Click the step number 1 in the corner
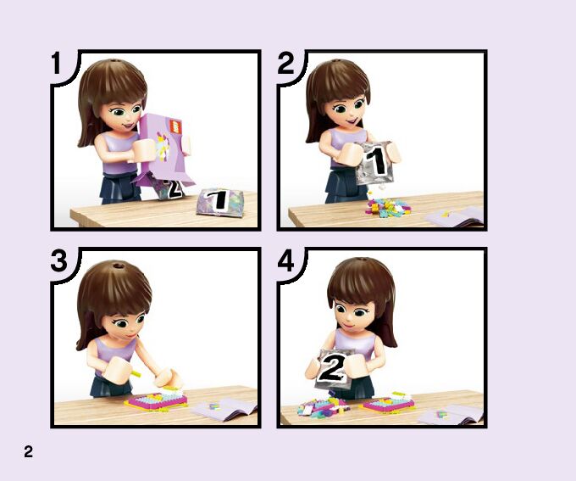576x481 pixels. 56,63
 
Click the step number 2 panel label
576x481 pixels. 285,63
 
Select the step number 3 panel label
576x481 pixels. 59,260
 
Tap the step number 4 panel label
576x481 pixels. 285,260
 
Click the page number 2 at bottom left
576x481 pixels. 28,451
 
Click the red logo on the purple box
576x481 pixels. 175,127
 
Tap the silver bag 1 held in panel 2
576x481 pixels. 374,163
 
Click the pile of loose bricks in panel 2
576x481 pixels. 387,206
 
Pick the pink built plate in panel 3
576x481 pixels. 156,401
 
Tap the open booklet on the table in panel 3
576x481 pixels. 224,409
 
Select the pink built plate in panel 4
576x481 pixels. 388,403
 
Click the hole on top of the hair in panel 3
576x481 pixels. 119,266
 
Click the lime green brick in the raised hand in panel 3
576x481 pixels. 135,374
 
